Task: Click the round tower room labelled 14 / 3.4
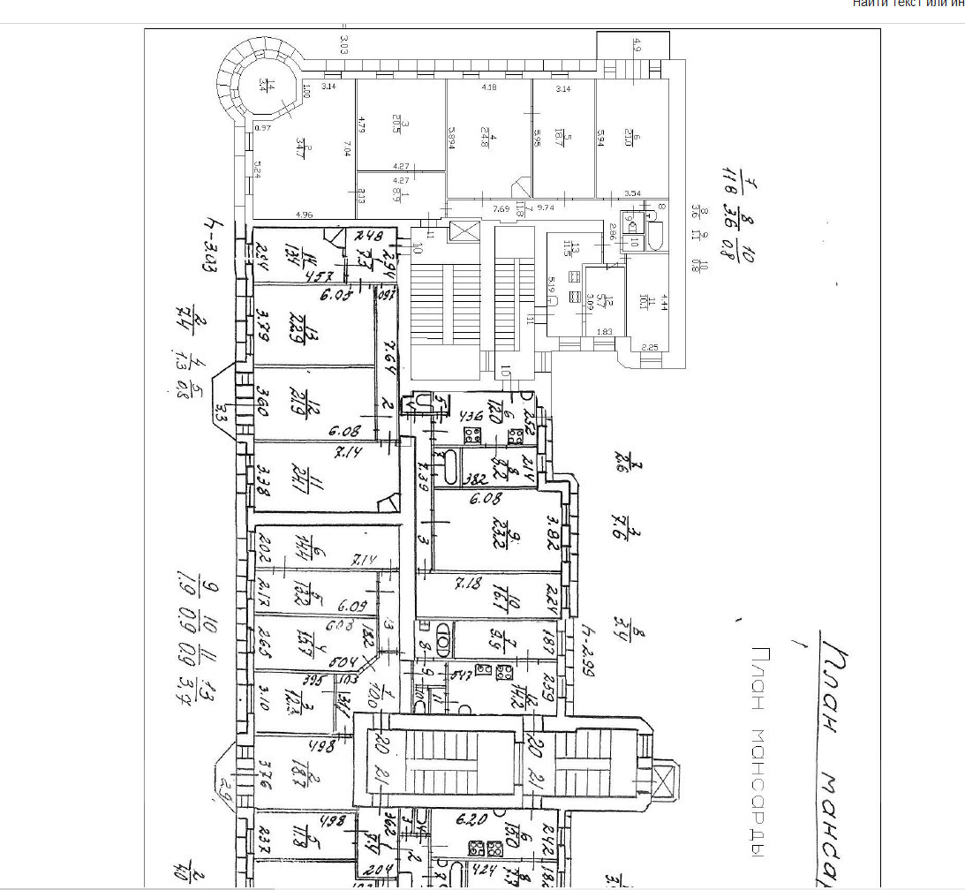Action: [262, 85]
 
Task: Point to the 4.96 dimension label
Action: [305, 214]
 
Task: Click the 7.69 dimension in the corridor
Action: [501, 209]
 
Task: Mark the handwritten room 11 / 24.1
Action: [318, 479]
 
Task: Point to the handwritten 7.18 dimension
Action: [466, 584]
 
